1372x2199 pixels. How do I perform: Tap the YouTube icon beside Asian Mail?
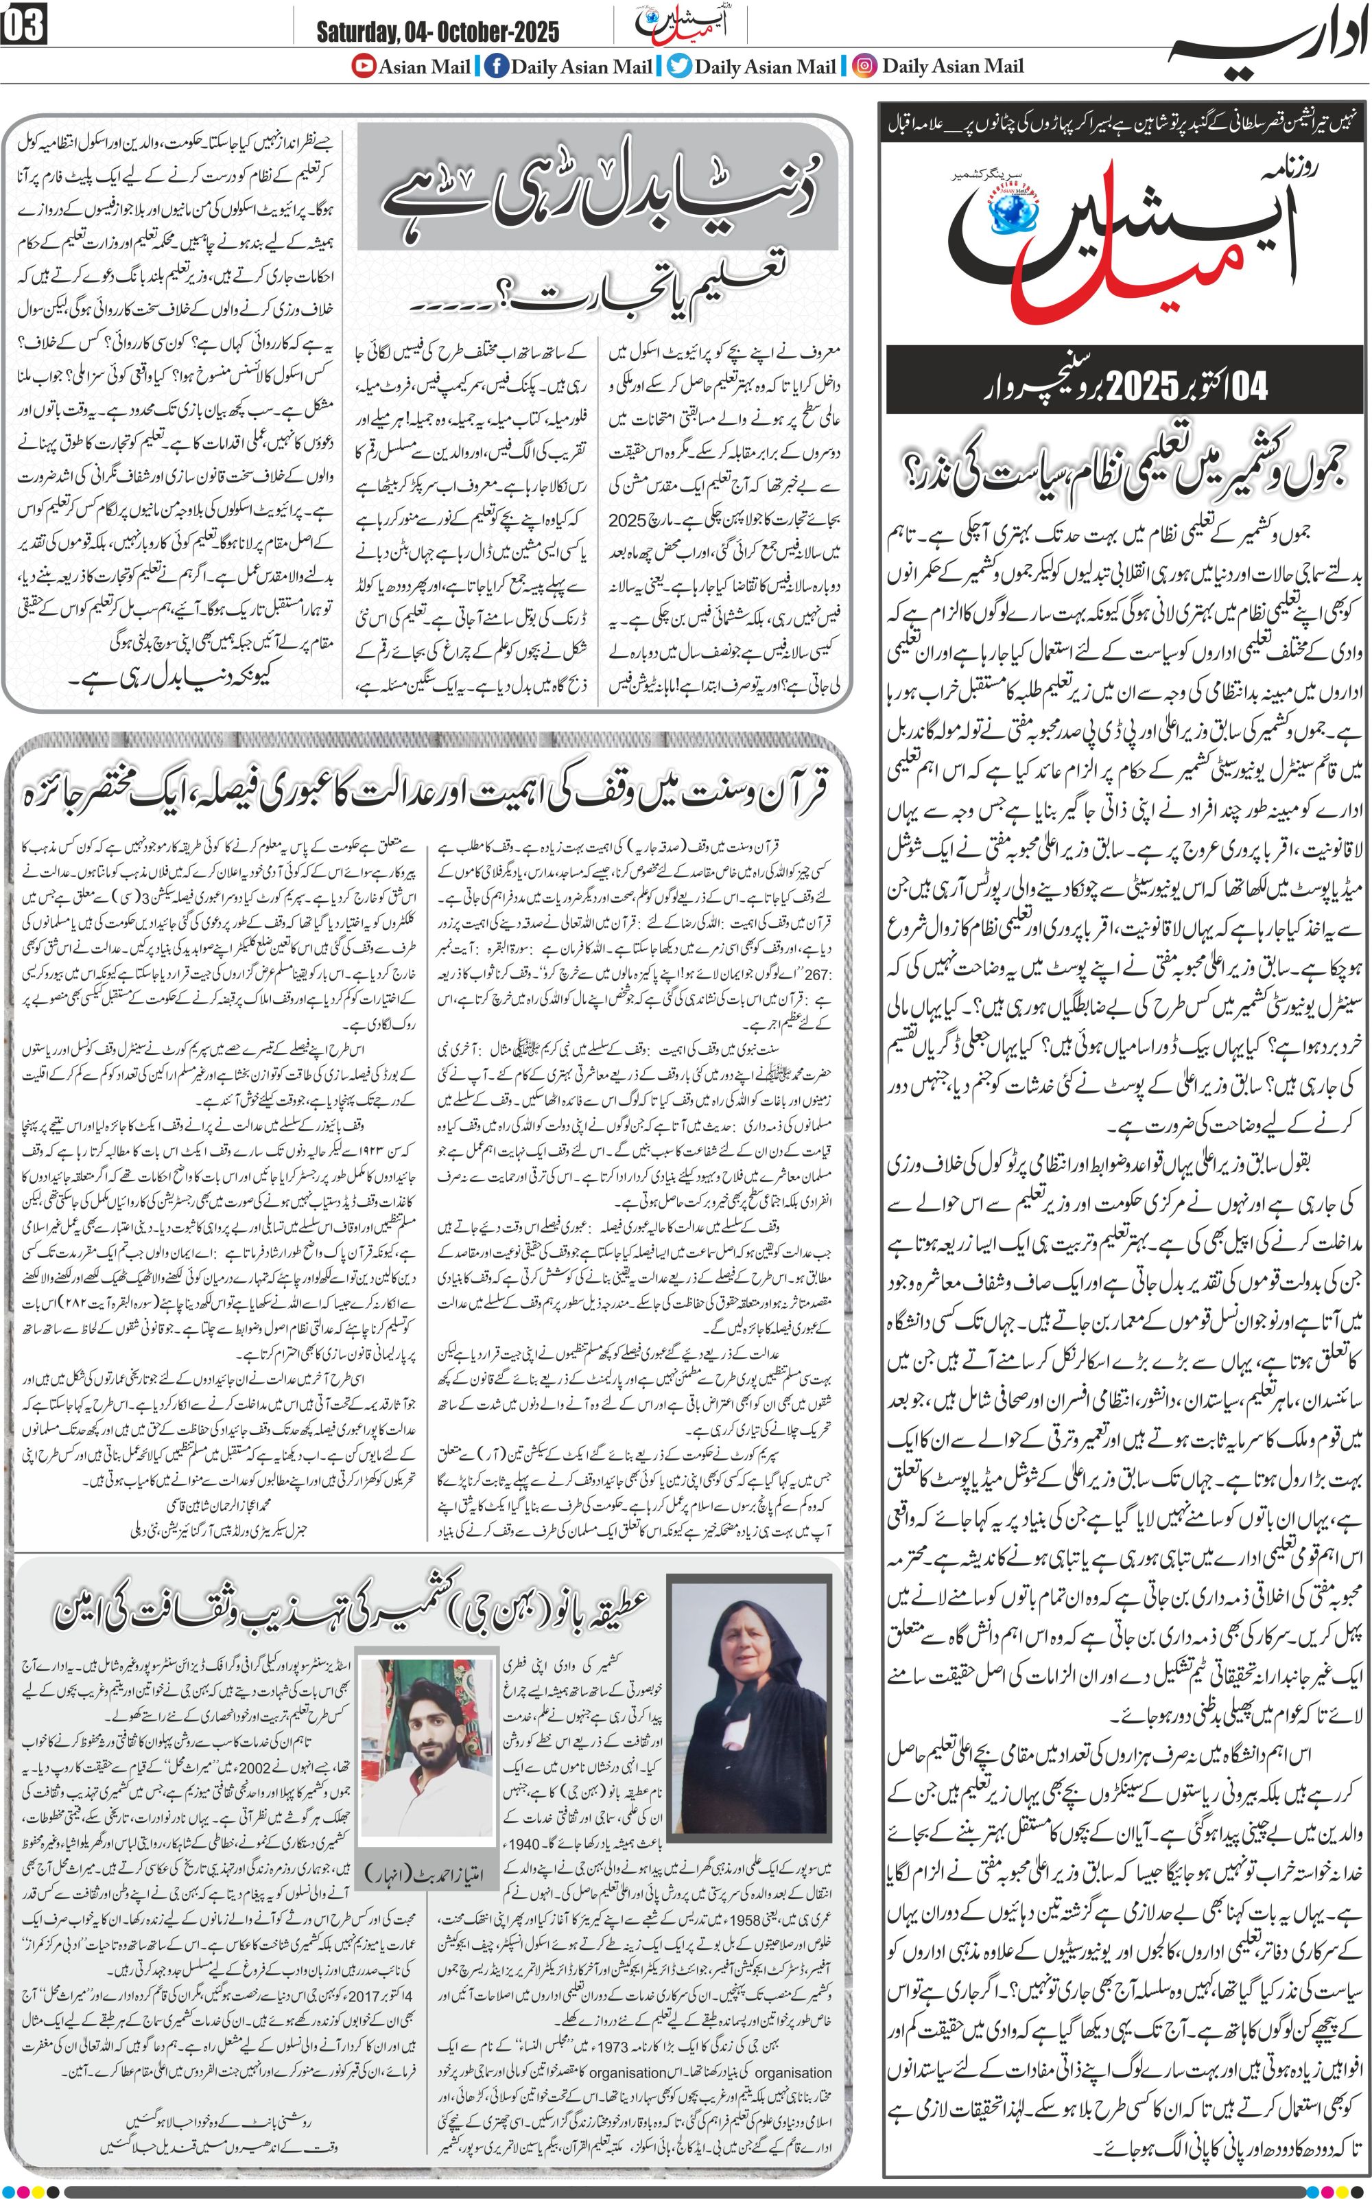[x=364, y=67]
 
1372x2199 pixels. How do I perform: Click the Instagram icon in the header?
[x=866, y=67]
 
